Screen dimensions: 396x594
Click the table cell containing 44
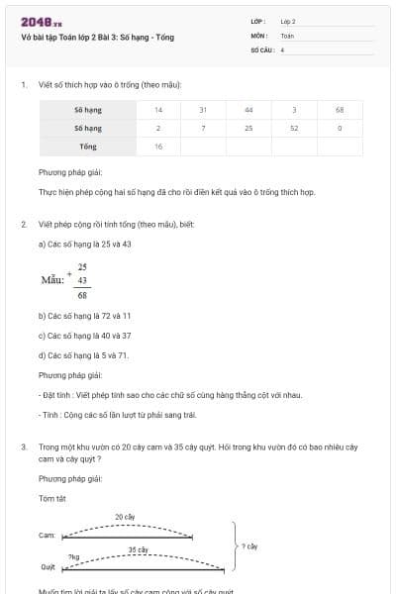click(248, 109)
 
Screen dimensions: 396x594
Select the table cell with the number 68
click(339, 109)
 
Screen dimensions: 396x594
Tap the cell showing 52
click(294, 128)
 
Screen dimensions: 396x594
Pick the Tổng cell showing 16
click(158, 147)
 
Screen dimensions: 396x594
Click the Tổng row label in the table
click(88, 147)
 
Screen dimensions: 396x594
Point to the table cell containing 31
click(203, 109)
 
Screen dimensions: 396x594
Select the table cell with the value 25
click(248, 128)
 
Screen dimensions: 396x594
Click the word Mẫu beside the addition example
click(51, 280)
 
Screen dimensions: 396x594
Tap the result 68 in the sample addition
click(82, 295)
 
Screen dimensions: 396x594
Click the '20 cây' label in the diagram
click(126, 517)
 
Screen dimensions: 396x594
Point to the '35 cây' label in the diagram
click(138, 549)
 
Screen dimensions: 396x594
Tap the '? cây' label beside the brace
click(249, 545)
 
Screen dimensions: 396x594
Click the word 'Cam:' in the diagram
click(47, 535)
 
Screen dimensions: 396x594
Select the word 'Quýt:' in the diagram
click(48, 567)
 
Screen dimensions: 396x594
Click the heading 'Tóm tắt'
click(50, 498)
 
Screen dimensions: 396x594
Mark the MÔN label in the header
click(259, 35)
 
